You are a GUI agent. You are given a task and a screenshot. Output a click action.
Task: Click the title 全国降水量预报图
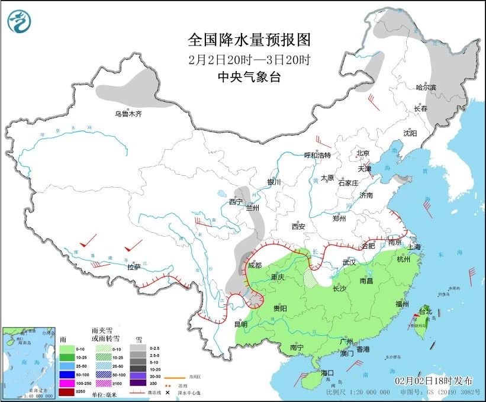(x=249, y=40)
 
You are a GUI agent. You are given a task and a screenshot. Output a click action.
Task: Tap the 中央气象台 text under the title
(x=249, y=77)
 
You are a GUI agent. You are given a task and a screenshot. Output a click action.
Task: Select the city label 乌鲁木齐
(x=128, y=114)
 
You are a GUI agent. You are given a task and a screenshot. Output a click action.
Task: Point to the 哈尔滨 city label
(x=426, y=88)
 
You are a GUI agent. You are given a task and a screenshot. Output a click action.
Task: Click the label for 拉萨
(x=134, y=267)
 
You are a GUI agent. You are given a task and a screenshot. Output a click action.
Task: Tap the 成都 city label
(x=255, y=265)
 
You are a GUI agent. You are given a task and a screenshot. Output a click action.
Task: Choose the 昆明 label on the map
(x=240, y=324)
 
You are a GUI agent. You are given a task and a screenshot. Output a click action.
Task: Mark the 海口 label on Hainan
(x=328, y=372)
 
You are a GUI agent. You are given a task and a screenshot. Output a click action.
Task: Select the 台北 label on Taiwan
(x=425, y=311)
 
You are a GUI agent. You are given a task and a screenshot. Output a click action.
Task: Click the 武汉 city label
(x=349, y=262)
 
